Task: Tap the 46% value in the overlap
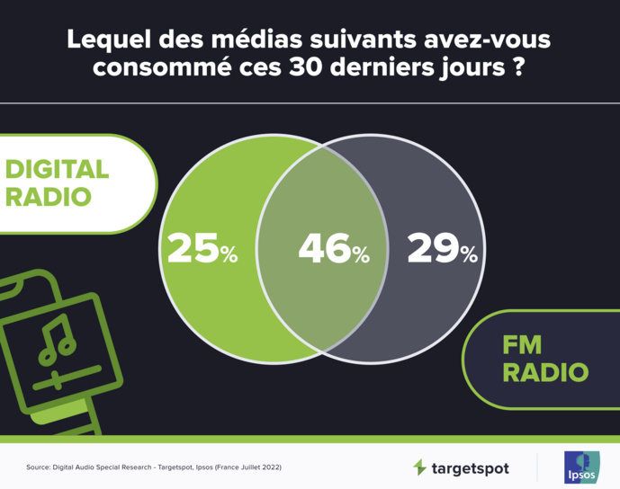point(334,249)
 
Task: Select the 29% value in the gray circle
point(442,249)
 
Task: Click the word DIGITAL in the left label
point(58,169)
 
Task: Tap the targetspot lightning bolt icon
point(419,467)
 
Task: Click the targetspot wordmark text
point(470,468)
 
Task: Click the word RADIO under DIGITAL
point(49,196)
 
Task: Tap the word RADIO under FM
point(546,370)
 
